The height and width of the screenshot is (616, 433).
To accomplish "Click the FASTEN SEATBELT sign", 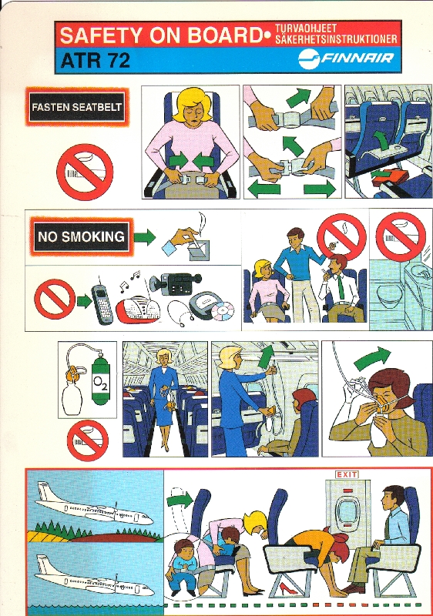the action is coord(77,107).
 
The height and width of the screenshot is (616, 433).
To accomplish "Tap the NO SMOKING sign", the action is coord(82,236).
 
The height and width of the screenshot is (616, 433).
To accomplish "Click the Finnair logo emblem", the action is coord(308,59).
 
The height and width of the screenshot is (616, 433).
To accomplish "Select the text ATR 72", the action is coord(96,61).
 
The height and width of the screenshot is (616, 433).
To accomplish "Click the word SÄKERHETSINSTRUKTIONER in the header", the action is coord(337,39).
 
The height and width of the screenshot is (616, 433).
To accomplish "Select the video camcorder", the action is coord(176,283).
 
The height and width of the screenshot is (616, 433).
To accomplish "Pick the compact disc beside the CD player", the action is coord(223,311).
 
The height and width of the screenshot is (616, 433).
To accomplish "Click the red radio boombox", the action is coord(138,310).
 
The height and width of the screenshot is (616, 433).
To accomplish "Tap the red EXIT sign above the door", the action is coord(347,474).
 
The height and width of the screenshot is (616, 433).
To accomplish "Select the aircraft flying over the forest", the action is coord(94,505).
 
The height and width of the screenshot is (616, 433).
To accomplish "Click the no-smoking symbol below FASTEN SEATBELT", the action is coord(85,172).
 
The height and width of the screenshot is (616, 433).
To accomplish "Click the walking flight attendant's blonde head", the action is coord(164,357).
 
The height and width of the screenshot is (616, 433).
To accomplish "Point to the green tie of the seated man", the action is coord(341,287).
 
